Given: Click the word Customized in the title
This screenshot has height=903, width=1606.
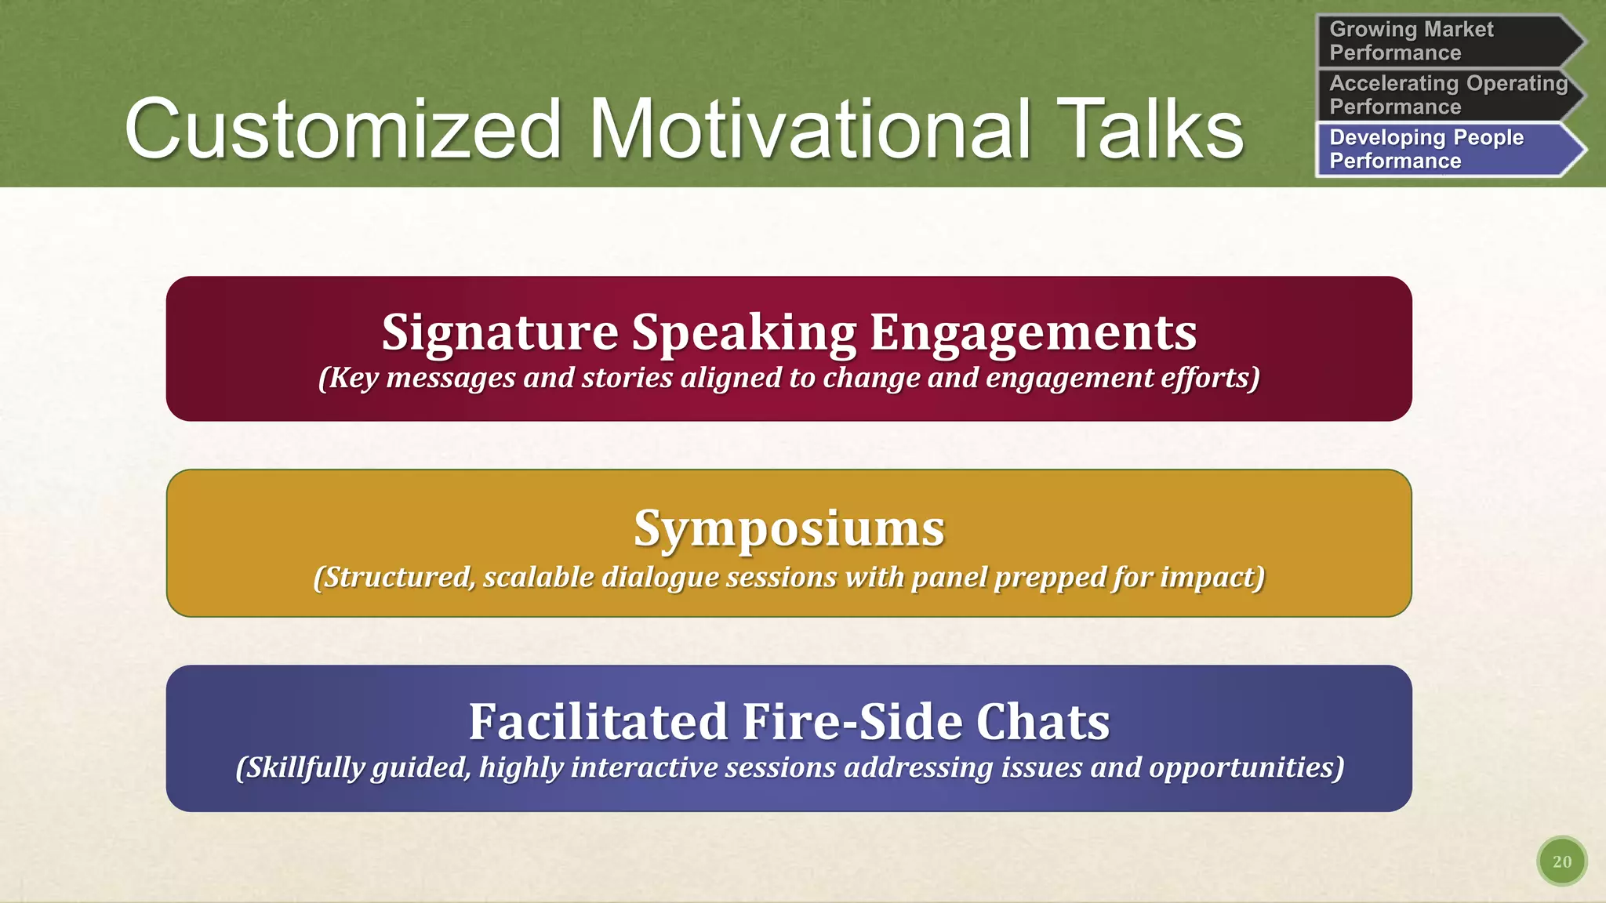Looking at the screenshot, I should pyautogui.click(x=343, y=129).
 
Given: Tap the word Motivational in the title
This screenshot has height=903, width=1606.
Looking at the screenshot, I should pyautogui.click(x=808, y=129).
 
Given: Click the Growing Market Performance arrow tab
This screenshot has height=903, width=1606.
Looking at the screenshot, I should pyautogui.click(x=1443, y=41).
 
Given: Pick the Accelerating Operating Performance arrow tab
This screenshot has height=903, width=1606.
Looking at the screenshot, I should pyautogui.click(x=1443, y=95).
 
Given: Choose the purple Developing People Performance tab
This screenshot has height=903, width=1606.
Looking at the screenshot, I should pyautogui.click(x=1443, y=149).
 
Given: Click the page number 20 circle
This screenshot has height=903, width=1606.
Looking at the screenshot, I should pyautogui.click(x=1561, y=861).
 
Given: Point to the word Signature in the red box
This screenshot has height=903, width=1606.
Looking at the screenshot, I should pyautogui.click(x=500, y=332).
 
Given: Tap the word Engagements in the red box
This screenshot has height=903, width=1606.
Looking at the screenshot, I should pyautogui.click(x=1033, y=332).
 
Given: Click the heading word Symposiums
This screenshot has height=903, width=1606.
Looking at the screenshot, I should pyautogui.click(x=789, y=528).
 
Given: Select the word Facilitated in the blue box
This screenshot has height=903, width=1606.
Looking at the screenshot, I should pyautogui.click(x=598, y=722).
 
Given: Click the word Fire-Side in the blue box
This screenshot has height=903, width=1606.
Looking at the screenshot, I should pyautogui.click(x=852, y=722).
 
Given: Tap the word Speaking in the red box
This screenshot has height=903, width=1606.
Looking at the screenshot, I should pyautogui.click(x=744, y=332).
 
